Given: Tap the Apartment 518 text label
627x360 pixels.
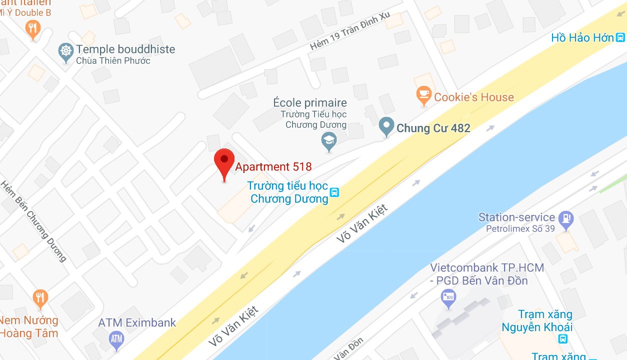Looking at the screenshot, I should point(273,167).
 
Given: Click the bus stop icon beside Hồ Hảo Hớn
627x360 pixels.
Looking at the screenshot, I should point(620,37).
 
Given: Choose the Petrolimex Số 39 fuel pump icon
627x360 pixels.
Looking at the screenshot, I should point(566,218).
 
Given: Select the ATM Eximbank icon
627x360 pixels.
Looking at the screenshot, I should point(116,339).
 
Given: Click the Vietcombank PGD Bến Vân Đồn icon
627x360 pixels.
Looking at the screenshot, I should point(448,298).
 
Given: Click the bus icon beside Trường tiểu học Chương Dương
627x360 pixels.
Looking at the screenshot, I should point(334,192).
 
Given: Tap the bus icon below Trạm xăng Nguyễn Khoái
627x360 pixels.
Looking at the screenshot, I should point(563,339).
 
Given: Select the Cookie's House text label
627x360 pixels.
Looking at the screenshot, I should point(473,97).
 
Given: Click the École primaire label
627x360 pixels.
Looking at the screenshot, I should point(310,103).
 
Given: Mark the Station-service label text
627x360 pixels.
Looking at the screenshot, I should point(516,217).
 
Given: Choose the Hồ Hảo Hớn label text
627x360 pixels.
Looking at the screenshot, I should point(582,37).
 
